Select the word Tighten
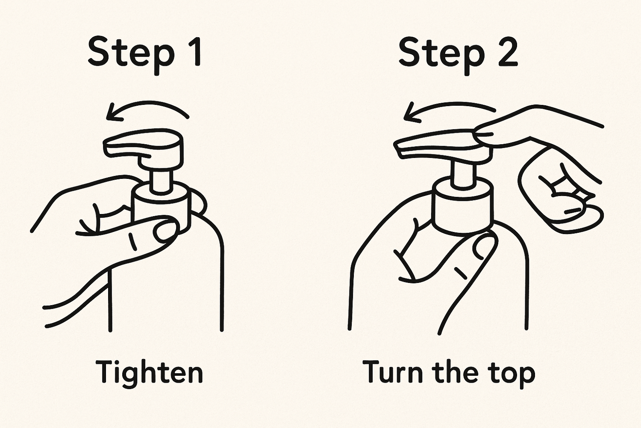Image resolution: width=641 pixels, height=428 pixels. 149,372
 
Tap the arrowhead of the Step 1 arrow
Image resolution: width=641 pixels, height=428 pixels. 112,113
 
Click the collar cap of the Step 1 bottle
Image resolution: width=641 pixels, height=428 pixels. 160,205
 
